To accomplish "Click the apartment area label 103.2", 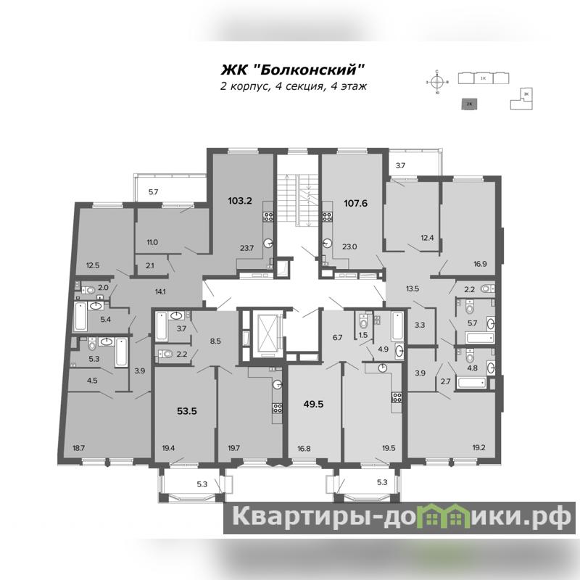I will pyautogui.click(x=240, y=202).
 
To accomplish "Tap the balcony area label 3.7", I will pyautogui.click(x=401, y=166).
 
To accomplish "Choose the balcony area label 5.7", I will pyautogui.click(x=153, y=192).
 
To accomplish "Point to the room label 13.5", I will pyautogui.click(x=413, y=289).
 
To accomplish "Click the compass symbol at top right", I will pyautogui.click(x=437, y=82).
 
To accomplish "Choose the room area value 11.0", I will pyautogui.click(x=152, y=241).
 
